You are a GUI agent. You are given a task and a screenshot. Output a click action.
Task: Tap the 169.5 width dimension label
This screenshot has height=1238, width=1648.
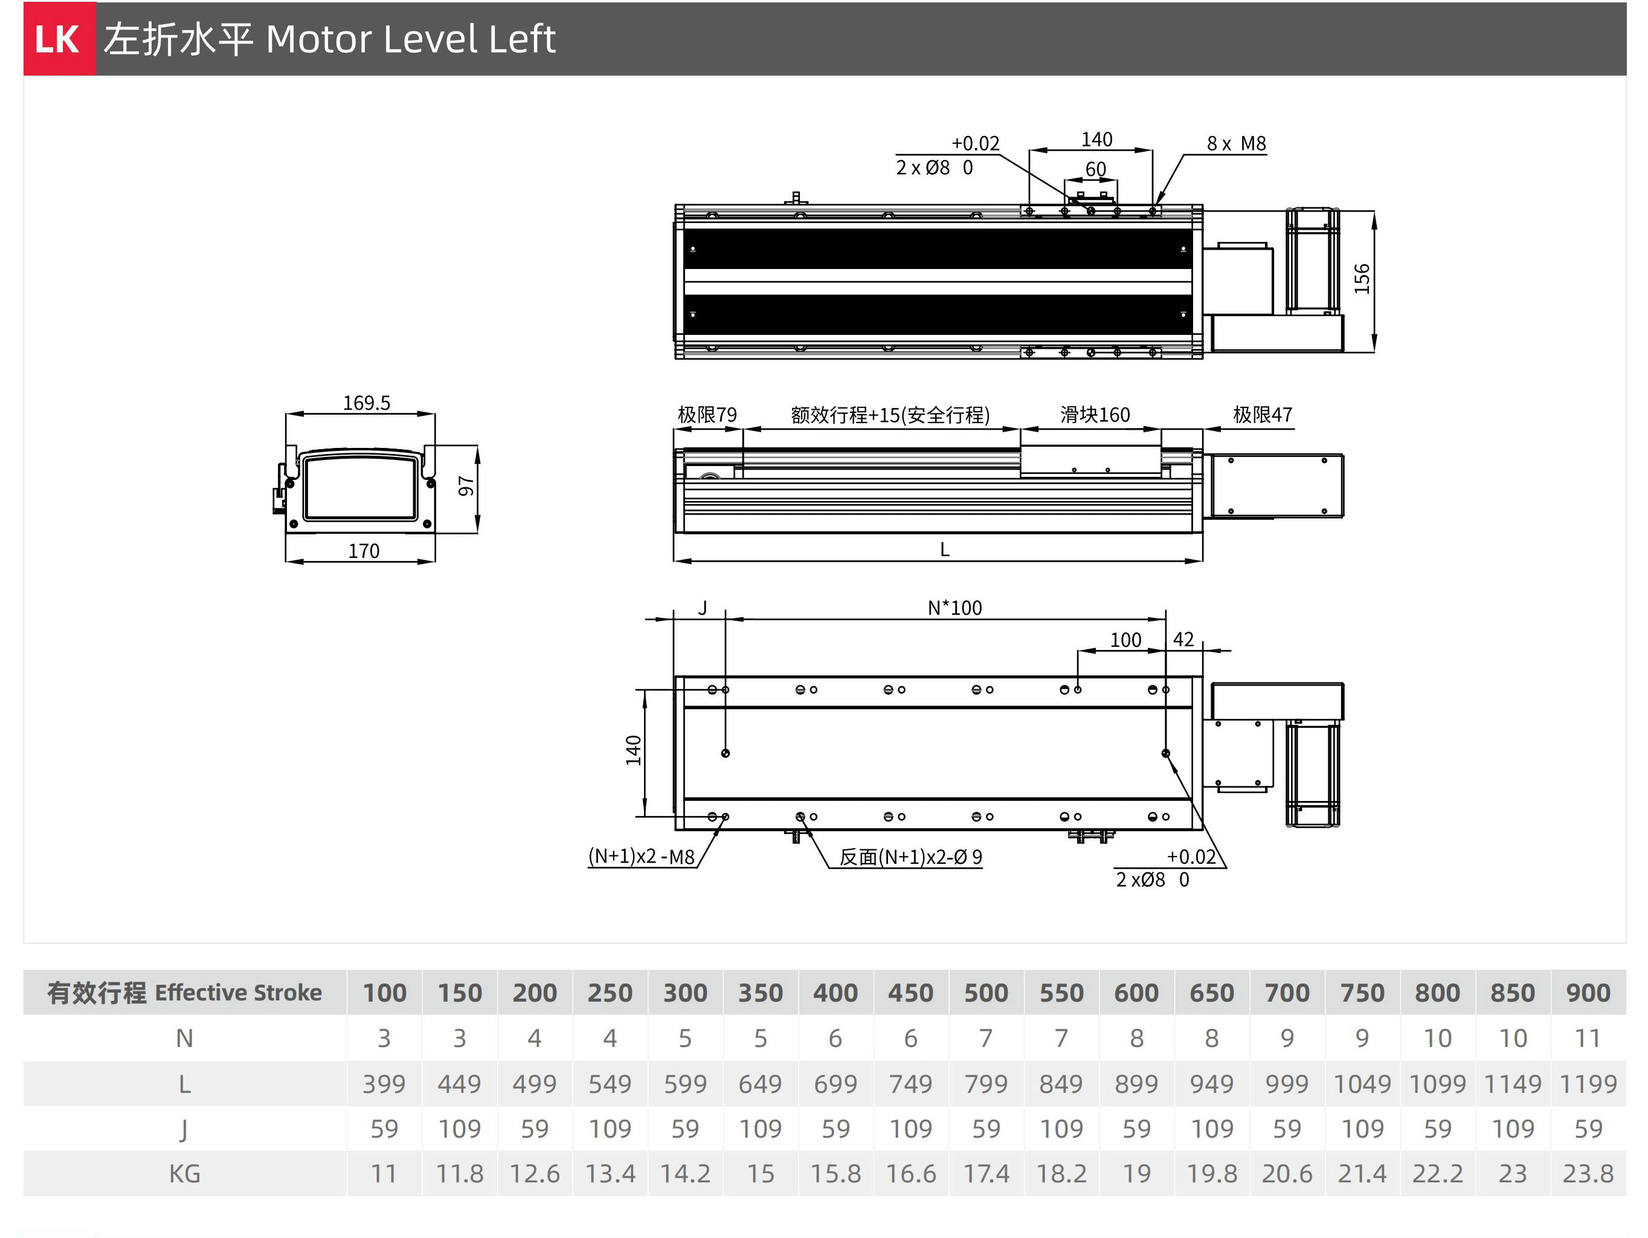point(367,403)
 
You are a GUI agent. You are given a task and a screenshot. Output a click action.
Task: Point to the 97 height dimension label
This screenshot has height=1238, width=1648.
point(466,486)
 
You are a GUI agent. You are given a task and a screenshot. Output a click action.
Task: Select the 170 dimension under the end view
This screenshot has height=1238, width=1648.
point(364,551)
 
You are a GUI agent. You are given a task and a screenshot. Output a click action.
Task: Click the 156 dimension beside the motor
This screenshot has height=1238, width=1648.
point(1361,279)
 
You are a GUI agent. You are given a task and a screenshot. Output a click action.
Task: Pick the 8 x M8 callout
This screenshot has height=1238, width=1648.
point(1237,143)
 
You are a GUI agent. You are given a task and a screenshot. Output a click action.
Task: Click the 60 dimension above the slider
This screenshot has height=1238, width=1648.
point(1095,169)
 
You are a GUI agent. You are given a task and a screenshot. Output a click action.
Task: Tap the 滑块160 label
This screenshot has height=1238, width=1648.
point(1095,415)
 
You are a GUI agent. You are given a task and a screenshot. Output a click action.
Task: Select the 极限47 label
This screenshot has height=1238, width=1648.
point(1263,415)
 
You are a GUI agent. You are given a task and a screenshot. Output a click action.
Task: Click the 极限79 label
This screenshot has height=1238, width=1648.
point(707,415)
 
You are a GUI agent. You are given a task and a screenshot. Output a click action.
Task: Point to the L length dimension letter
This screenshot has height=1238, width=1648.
point(945,549)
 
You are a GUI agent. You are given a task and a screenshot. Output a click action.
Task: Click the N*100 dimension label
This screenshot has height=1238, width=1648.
point(955,608)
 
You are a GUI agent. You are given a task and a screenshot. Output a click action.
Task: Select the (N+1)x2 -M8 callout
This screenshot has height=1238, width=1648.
point(642,857)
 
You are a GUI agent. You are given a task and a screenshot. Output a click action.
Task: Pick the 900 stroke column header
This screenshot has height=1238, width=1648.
point(1588,993)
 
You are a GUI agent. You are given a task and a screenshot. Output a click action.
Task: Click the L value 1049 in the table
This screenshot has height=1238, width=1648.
point(1362,1084)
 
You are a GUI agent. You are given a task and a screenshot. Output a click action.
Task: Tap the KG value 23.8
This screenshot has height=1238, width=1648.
point(1588,1174)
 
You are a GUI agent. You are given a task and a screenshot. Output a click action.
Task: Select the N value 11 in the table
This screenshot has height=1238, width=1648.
point(1588,1039)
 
